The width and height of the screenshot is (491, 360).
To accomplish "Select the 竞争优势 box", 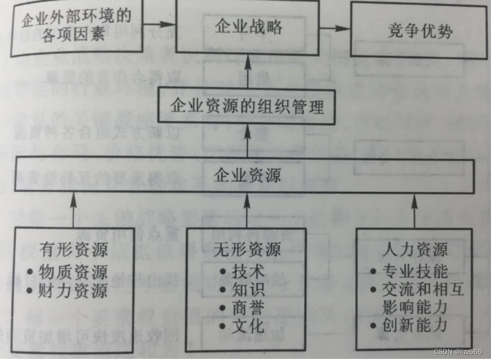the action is click(x=419, y=31).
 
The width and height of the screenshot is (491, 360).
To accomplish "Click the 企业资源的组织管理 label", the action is click(x=248, y=106).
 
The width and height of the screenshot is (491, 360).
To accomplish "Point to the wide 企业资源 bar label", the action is click(x=247, y=176).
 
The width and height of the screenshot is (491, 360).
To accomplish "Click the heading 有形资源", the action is click(x=74, y=251).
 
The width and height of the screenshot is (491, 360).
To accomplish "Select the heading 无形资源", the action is click(x=247, y=251).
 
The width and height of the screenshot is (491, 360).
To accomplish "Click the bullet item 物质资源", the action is click(x=74, y=271).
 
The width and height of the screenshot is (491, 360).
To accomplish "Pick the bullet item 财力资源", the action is click(x=74, y=290).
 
